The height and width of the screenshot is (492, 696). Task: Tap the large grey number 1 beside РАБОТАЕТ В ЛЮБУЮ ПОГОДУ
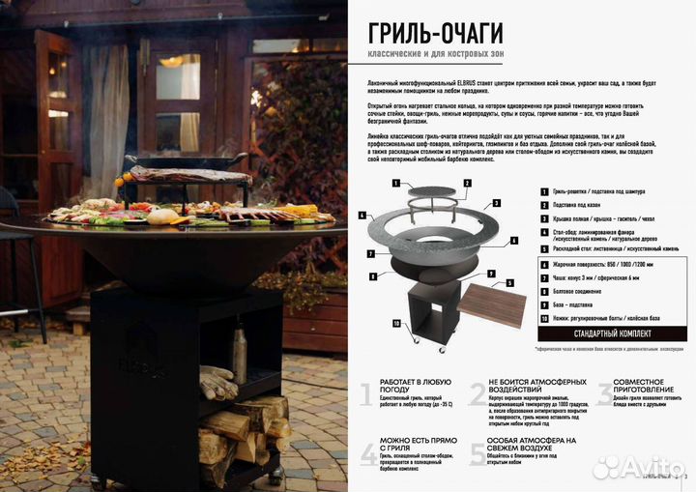pyautogui.click(x=366, y=393)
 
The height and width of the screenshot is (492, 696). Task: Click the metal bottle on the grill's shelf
pyautogui.click(x=239, y=355)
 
